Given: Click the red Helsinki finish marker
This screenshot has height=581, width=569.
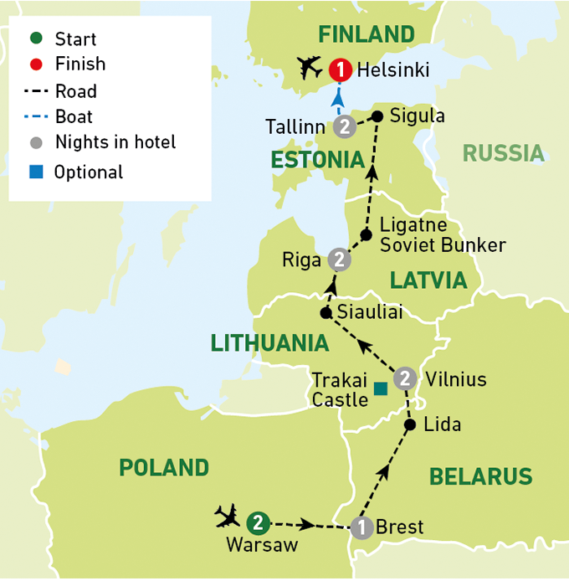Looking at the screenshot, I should (x=340, y=70).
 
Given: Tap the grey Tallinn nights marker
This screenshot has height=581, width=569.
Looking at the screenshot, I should (x=344, y=127).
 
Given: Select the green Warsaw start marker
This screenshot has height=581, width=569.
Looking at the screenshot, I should (x=259, y=522).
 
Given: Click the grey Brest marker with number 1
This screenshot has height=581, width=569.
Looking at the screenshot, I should (x=361, y=527).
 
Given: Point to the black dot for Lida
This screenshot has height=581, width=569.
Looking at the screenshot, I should (x=410, y=424).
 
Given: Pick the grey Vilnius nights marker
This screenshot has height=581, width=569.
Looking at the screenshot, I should (x=404, y=378).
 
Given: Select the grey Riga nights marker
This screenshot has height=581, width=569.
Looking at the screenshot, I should (x=337, y=260).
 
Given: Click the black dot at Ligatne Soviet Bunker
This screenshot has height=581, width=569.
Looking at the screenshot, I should (x=366, y=234).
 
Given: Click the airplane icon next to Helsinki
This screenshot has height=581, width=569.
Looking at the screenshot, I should (x=310, y=65).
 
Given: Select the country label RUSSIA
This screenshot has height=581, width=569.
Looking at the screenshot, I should (x=504, y=153).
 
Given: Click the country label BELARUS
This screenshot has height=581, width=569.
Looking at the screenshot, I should (x=480, y=476).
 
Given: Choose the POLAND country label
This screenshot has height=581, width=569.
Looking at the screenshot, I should (x=164, y=467).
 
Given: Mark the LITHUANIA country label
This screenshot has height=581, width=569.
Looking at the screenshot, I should (x=269, y=342).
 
